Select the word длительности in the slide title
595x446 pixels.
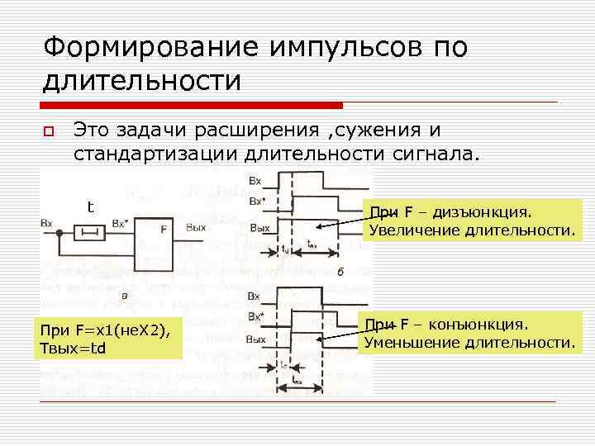pyautogui.click(x=142, y=81)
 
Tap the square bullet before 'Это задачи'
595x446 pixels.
pyautogui.click(x=49, y=131)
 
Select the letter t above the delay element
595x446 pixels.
pyautogui.click(x=90, y=206)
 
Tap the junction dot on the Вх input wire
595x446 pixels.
pyautogui.click(x=59, y=233)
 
